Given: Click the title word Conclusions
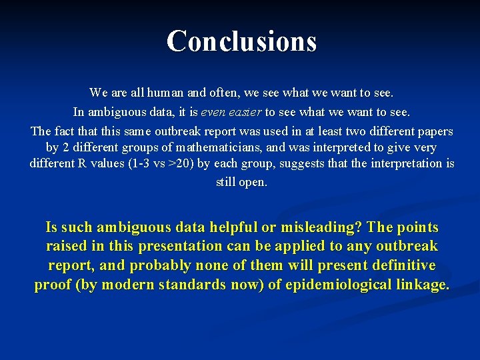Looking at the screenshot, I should tap(241, 41).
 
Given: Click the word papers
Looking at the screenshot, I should tap(433, 131).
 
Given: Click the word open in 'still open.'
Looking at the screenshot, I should tap(253, 182).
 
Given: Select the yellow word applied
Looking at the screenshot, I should tap(292, 246).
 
